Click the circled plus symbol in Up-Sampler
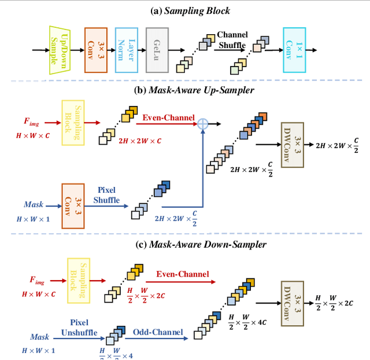[202, 123]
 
